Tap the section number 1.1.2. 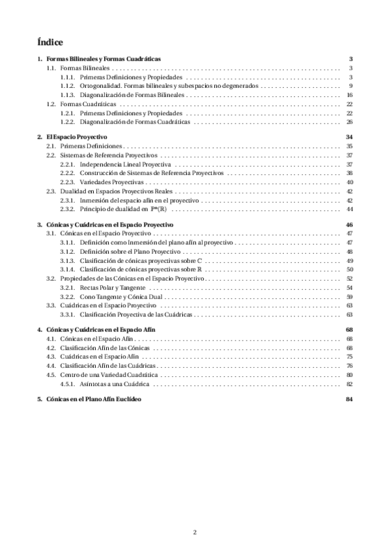[x=66, y=86]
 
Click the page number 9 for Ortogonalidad [x=350, y=86]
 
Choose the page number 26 [x=350, y=122]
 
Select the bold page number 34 [x=350, y=138]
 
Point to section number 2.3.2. [x=66, y=210]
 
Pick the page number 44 [x=350, y=210]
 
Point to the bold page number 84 [x=350, y=398]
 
